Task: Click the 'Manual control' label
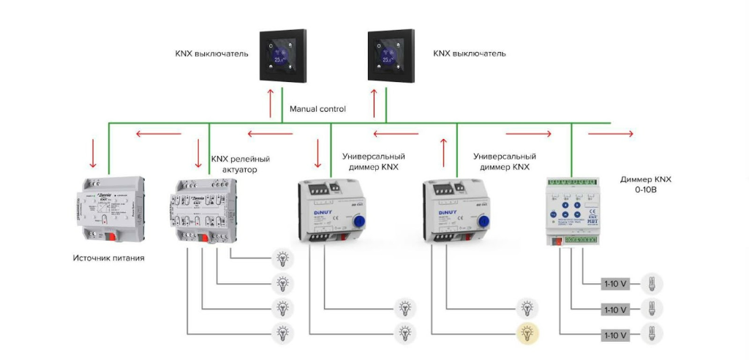(317, 109)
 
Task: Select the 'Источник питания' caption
(108, 258)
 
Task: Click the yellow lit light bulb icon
(527, 333)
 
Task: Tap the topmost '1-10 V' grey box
(615, 283)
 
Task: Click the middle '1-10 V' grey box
(615, 310)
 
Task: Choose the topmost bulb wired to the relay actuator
(282, 258)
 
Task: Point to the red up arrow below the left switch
(271, 102)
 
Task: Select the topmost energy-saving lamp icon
(651, 283)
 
